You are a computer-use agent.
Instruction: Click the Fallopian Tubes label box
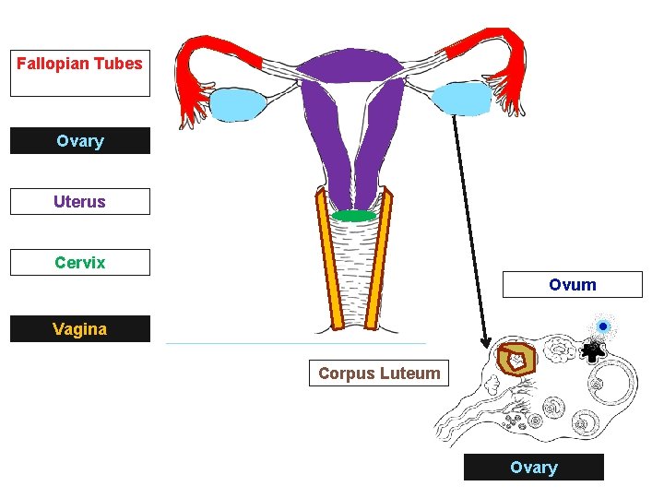(x=79, y=73)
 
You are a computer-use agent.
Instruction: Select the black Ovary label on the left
(x=79, y=141)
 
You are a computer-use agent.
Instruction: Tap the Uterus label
(x=79, y=202)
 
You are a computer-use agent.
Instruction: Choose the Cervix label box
(x=79, y=263)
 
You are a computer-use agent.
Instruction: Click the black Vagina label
(x=79, y=329)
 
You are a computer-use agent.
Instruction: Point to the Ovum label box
(x=572, y=285)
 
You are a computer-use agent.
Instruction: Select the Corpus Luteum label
(x=379, y=373)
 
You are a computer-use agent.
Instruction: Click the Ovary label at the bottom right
(x=533, y=468)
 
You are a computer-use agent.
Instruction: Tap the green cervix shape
(x=354, y=216)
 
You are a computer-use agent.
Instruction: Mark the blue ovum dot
(x=603, y=326)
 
